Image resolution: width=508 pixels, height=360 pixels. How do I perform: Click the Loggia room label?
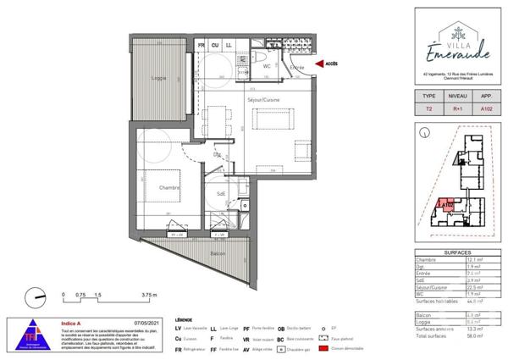point(158,79)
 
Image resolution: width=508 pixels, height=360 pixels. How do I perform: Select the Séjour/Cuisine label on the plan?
point(263,100)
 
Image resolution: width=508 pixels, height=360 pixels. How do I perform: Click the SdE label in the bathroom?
point(221,193)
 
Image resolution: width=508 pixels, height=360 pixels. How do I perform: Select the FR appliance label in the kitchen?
point(202,44)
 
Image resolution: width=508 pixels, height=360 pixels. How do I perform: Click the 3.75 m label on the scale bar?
point(149,296)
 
